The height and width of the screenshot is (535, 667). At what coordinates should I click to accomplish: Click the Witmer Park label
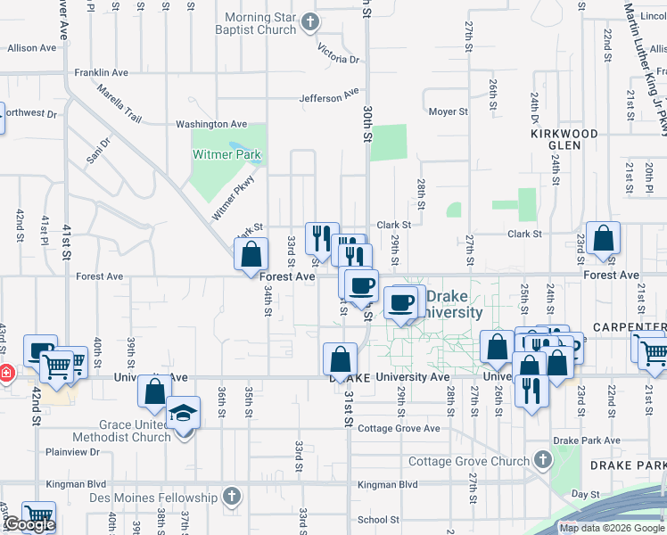[x=227, y=154]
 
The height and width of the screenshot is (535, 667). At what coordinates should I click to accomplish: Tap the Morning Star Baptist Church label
[x=259, y=24]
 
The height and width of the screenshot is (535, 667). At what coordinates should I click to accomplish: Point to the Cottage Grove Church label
[x=468, y=461]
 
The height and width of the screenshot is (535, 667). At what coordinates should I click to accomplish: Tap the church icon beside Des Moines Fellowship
[x=232, y=496]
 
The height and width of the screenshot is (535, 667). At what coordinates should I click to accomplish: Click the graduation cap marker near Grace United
[x=184, y=413]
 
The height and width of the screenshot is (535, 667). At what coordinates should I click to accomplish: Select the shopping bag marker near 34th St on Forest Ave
[x=251, y=254]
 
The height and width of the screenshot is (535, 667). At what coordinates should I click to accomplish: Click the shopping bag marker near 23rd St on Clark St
[x=604, y=238]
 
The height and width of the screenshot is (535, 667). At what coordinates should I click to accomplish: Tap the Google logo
[x=29, y=524]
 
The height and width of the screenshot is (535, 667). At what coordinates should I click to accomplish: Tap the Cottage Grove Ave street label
[x=398, y=428]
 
